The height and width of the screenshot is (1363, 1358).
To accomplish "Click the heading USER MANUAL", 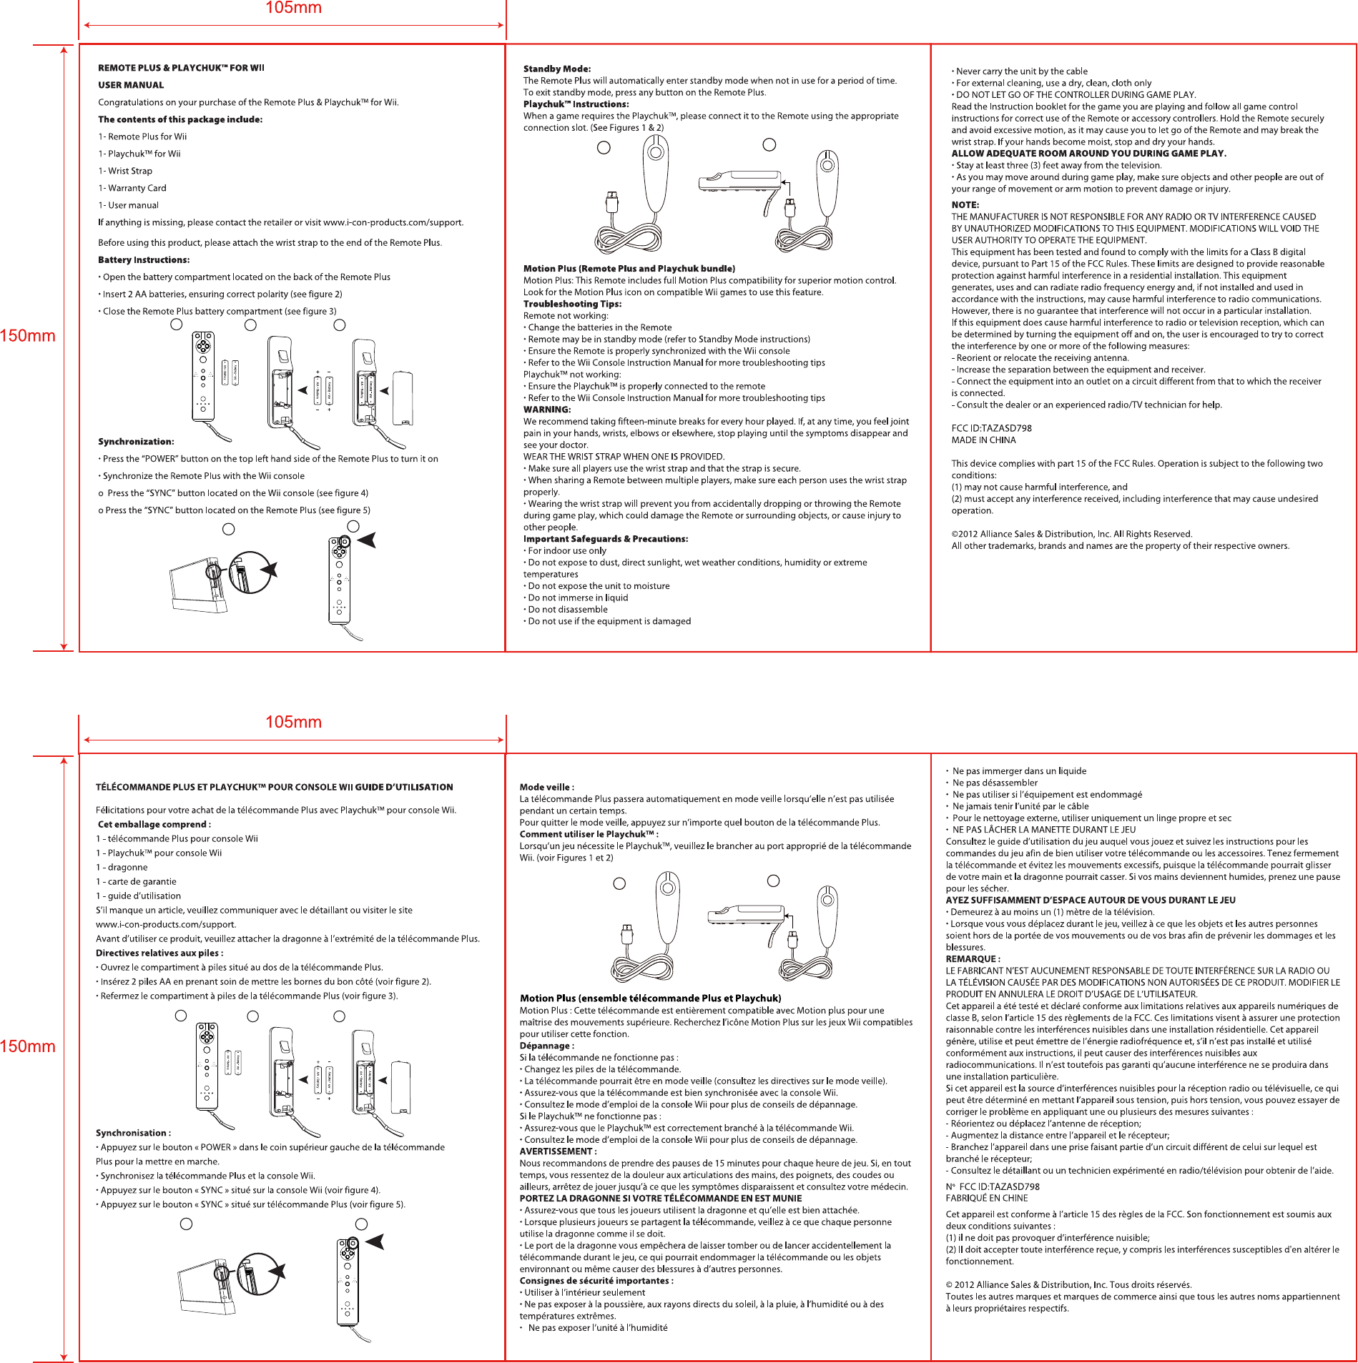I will pos(131,85).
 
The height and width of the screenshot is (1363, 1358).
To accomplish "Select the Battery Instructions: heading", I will pos(144,260).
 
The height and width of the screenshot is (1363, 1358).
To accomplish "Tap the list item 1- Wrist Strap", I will pos(125,171).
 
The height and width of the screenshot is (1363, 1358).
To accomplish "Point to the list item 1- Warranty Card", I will pos(132,188).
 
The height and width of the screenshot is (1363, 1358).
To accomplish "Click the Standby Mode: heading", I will pos(557,69).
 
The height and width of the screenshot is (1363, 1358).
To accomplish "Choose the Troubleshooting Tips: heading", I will pos(572,304).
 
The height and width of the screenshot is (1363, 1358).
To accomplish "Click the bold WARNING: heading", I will pos(547,410).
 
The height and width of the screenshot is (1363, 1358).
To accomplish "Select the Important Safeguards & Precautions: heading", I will pos(606,539).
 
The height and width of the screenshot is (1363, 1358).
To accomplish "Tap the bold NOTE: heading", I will pos(965,205).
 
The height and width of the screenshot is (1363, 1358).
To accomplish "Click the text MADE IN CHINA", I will pos(983,440).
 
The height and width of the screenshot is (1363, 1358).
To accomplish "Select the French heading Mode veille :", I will pos(547,787).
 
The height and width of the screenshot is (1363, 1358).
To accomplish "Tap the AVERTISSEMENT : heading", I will pos(558,1151).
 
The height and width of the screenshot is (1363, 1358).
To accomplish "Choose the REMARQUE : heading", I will pos(973,959).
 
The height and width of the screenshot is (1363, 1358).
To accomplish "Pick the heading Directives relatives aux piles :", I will pos(159,953).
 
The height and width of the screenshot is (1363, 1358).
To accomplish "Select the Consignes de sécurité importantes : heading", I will pos(596,1281).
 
